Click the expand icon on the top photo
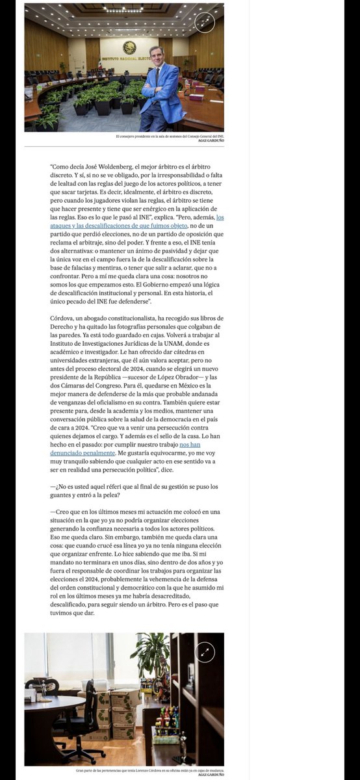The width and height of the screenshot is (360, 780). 204,22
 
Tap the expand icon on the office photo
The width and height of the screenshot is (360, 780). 204,651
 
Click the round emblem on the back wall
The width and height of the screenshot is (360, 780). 129,47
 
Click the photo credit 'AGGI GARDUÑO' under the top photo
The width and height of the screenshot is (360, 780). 211,141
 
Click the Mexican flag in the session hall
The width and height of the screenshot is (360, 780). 100,66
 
